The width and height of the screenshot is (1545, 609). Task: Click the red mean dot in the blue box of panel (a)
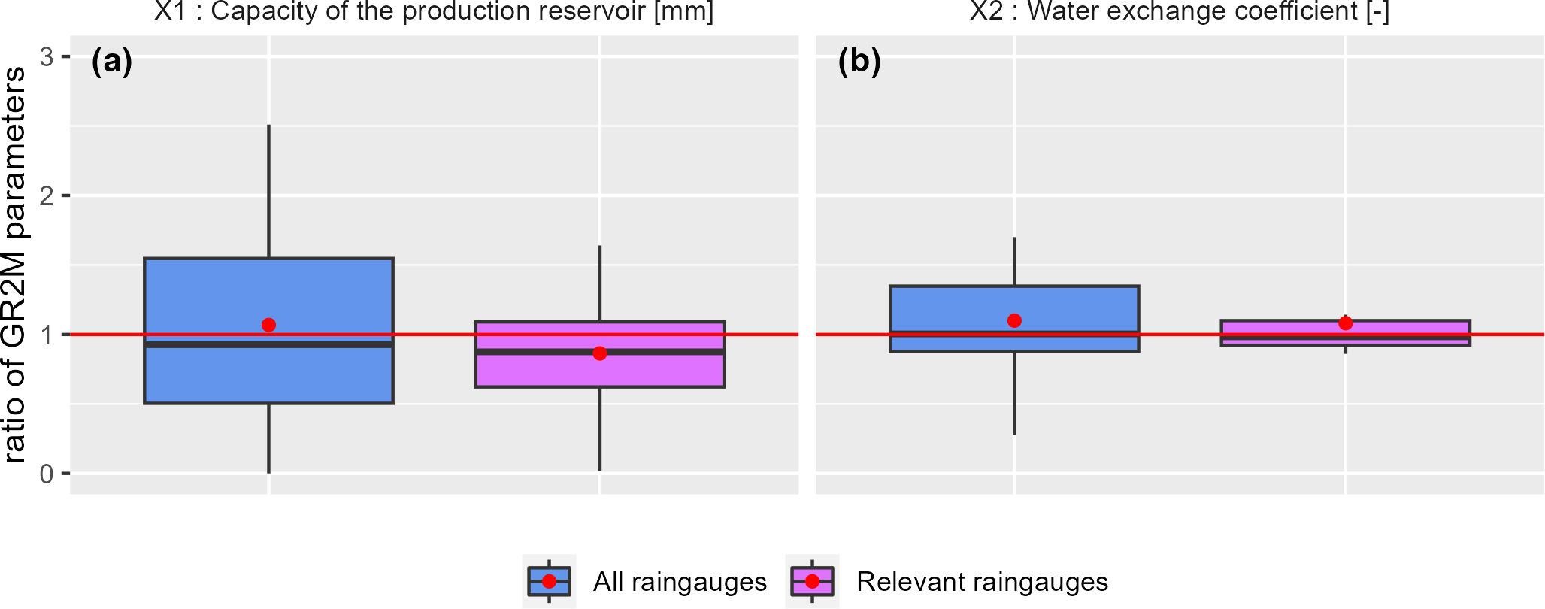coord(268,325)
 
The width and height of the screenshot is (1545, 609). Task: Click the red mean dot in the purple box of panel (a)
coord(599,353)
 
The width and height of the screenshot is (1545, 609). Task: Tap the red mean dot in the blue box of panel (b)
coord(1014,320)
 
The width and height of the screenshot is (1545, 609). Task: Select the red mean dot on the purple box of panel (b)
coord(1345,323)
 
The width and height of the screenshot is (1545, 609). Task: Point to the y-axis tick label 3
coord(47,56)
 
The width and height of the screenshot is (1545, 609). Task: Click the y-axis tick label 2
coord(47,195)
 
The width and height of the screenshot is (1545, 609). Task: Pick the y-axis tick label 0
coord(47,474)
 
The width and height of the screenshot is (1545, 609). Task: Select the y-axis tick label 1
coord(47,335)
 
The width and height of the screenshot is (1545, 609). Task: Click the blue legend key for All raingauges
coord(549,581)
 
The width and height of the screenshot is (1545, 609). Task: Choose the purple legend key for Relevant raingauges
coord(812,581)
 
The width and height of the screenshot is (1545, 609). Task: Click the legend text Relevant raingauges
coord(982,582)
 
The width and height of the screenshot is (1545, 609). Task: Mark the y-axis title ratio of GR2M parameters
coord(15,265)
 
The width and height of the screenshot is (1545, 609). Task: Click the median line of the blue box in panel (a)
coord(268,344)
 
